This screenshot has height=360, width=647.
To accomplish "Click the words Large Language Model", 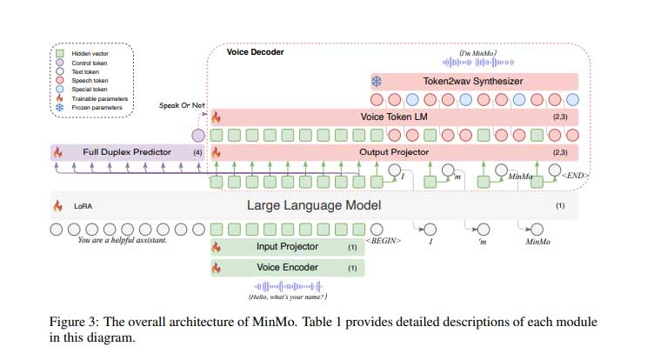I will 314,206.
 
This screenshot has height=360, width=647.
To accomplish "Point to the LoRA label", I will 83,207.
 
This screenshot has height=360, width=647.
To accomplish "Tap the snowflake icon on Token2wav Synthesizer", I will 377,81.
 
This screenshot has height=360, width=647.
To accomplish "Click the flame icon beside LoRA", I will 57,207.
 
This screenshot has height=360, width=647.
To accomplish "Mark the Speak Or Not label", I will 183,105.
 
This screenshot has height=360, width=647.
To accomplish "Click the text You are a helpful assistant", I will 123,240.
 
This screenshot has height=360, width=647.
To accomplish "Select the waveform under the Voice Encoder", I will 287,286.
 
